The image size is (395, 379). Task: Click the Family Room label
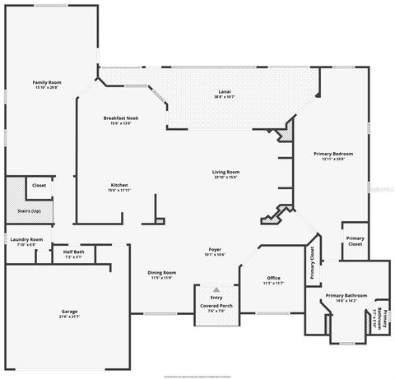(x=47, y=82)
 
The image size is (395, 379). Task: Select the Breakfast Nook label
(x=120, y=118)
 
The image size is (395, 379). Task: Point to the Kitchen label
(x=119, y=185)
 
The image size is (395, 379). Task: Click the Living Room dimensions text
(x=225, y=177)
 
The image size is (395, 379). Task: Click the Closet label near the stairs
(x=39, y=186)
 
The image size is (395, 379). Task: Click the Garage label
(x=69, y=311)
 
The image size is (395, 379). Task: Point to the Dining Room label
(x=161, y=272)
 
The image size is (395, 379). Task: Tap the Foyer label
(x=214, y=249)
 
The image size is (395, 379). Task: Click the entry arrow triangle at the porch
(x=216, y=289)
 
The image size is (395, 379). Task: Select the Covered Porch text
(x=216, y=305)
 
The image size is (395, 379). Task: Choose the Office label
(x=273, y=278)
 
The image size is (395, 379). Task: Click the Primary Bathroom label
(x=346, y=295)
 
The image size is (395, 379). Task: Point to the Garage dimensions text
(x=69, y=317)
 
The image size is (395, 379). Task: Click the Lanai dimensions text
(x=225, y=98)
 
